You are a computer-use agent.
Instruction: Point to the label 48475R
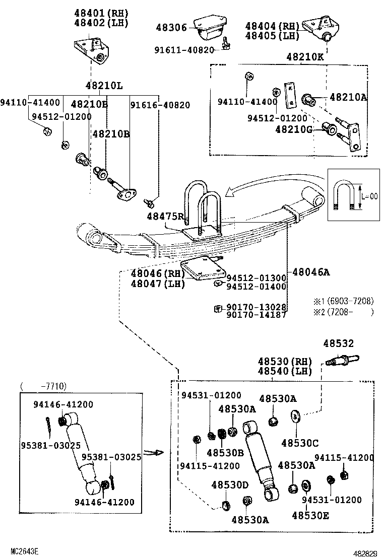165,216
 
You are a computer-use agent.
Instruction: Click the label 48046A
310,272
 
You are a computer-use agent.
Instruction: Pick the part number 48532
338,343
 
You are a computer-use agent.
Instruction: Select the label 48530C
300,443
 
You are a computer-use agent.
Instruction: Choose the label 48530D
230,485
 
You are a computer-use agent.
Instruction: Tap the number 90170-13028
257,307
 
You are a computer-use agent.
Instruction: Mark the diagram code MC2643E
25,552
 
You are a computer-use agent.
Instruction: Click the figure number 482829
364,553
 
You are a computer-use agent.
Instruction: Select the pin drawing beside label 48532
342,360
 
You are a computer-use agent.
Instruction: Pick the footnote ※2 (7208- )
343,312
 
